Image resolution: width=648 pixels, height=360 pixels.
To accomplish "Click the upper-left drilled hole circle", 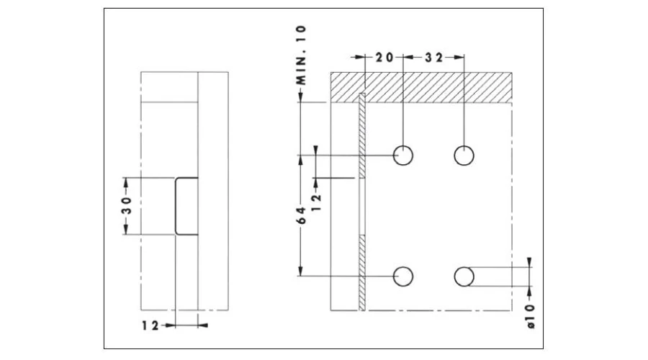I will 402,155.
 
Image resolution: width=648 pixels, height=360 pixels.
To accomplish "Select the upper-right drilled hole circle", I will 464,155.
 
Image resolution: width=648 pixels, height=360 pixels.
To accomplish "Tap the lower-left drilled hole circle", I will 402,276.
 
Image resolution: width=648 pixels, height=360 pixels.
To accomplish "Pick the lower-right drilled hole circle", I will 464,276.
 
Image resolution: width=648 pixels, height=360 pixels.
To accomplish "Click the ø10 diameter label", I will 531,315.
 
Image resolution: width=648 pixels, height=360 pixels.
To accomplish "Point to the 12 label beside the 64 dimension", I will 317,194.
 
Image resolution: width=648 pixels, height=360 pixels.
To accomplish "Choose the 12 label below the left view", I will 150,325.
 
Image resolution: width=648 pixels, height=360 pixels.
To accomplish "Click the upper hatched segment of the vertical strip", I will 362,137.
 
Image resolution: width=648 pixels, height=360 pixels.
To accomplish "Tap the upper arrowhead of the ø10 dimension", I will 531,263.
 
